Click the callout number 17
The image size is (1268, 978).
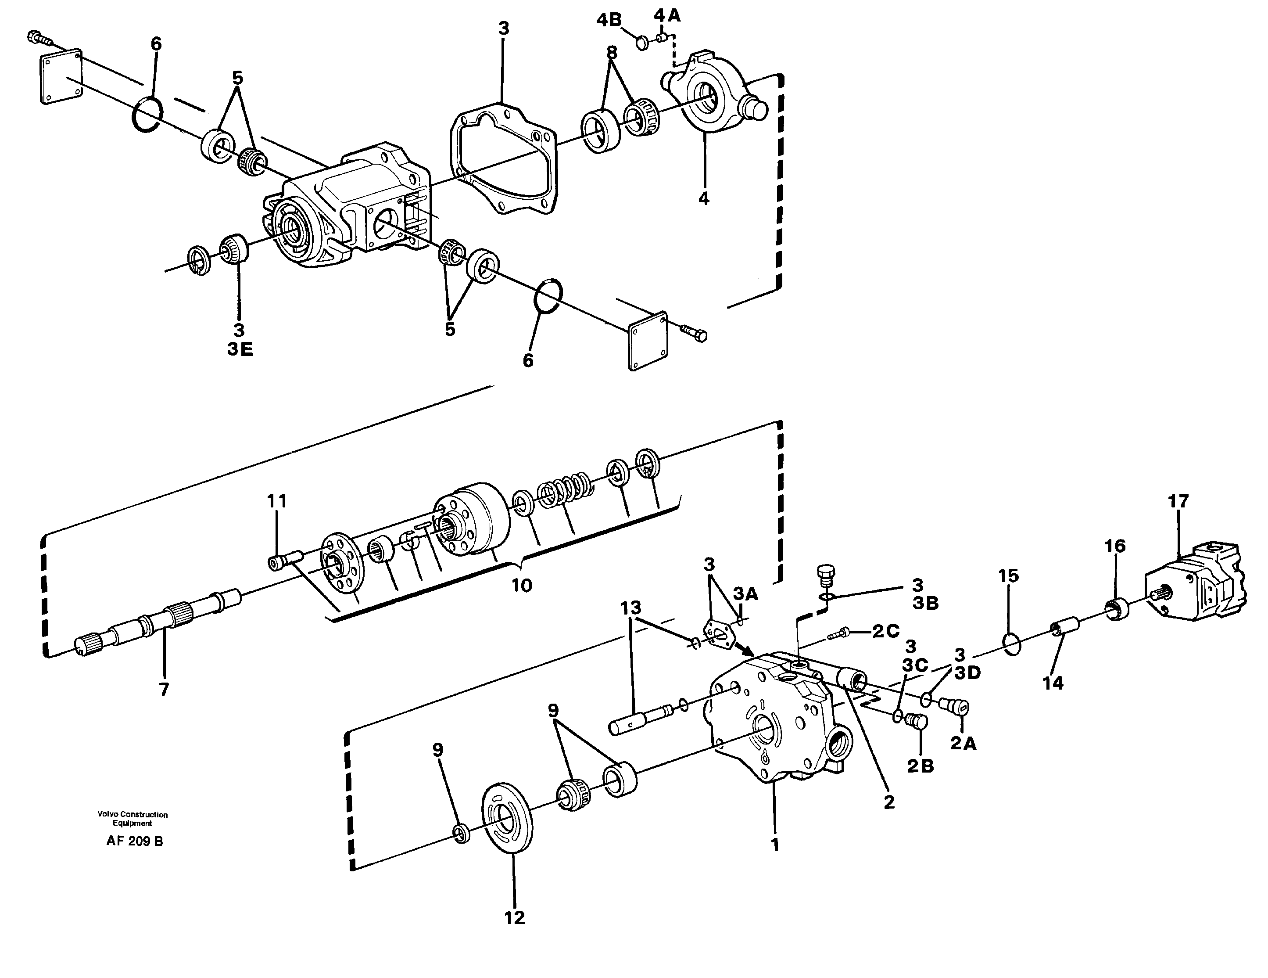(1178, 501)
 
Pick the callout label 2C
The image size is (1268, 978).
(886, 631)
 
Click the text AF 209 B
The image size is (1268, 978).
(135, 841)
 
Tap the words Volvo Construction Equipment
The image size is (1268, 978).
(133, 819)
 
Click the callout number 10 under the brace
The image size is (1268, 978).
(521, 586)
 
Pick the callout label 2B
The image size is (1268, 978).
(920, 766)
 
